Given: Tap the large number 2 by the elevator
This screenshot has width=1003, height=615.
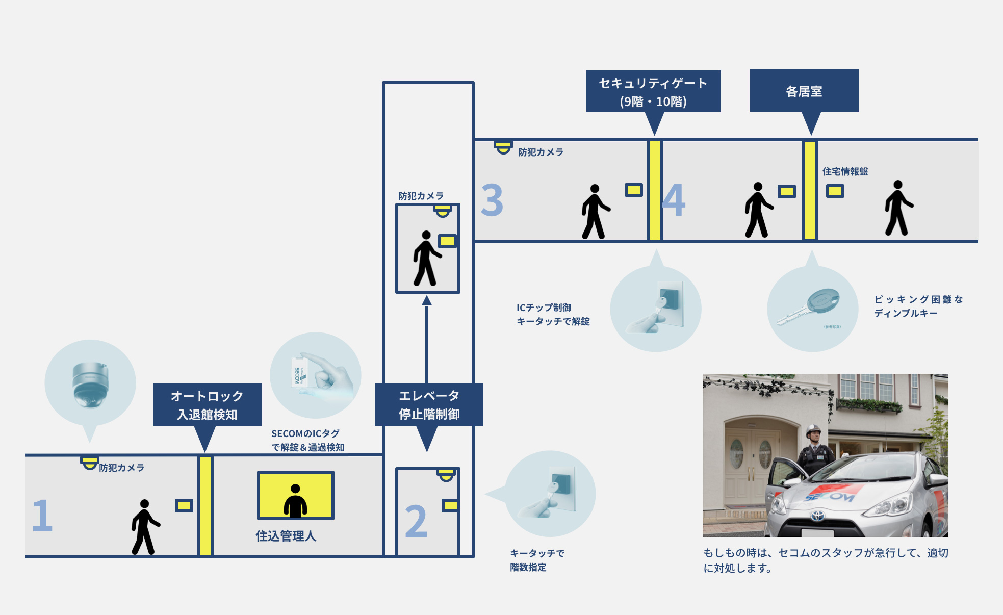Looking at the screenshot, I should tap(416, 521).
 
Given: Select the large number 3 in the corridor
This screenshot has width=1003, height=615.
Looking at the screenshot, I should tap(492, 200).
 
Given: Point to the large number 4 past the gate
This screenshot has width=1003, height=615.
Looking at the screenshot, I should tap(674, 200).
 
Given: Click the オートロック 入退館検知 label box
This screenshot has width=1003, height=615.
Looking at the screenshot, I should tap(207, 405).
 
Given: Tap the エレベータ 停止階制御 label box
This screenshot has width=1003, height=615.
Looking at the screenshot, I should tap(429, 405).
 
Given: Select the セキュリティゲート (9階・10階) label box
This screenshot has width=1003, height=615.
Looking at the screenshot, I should tap(653, 92).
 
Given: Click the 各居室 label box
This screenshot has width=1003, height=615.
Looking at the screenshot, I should tap(804, 91).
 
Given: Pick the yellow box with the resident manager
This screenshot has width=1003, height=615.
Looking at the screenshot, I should tap(296, 495).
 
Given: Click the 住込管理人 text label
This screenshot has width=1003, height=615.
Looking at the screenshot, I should tap(286, 536).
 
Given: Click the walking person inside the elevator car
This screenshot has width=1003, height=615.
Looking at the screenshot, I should tap(426, 259).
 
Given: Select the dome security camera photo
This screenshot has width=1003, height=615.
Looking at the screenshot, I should tap(90, 384).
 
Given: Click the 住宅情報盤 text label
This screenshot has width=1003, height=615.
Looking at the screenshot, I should tap(845, 172).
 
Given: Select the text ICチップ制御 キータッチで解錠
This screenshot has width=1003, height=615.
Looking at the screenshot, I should tap(553, 314).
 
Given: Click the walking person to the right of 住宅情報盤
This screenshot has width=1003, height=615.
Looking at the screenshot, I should tap(897, 208).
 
